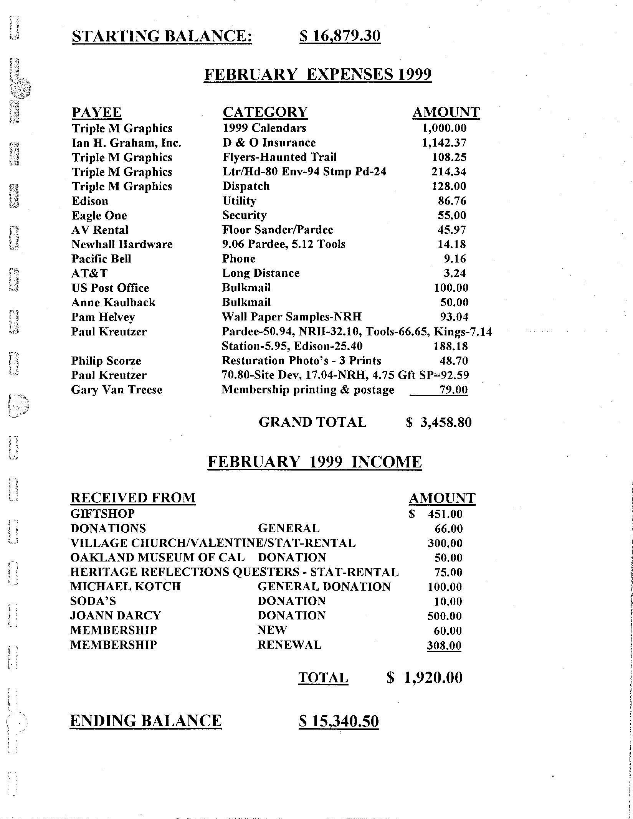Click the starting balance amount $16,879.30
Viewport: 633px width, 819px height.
click(340, 36)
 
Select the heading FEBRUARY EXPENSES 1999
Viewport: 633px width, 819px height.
click(317, 74)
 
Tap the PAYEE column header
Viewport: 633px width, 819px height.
click(97, 112)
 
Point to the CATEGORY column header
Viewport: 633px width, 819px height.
click(265, 112)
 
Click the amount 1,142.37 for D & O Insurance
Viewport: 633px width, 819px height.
click(444, 143)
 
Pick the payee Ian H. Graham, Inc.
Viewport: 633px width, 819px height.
click(126, 143)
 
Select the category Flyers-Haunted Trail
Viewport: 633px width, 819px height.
click(279, 157)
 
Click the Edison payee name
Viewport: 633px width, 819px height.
click(90, 201)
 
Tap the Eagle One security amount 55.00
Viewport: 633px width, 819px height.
click(452, 215)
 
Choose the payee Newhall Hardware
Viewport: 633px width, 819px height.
click(122, 244)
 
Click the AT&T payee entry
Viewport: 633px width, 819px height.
click(89, 273)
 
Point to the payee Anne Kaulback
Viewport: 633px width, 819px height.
click(113, 302)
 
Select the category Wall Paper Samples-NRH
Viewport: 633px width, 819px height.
click(292, 317)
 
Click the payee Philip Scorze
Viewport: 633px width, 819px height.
click(106, 361)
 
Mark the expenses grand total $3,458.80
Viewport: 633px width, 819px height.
click(439, 423)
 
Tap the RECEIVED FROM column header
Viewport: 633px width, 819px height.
click(133, 498)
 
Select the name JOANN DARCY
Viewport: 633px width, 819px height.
click(116, 616)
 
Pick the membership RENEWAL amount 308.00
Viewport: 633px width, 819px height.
click(444, 645)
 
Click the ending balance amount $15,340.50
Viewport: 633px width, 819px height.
click(339, 721)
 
